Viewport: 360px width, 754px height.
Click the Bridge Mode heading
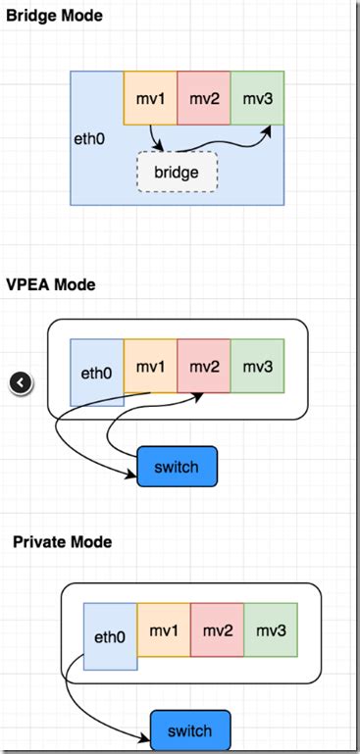pyautogui.click(x=54, y=17)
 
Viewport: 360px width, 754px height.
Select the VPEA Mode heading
pyautogui.click(x=51, y=285)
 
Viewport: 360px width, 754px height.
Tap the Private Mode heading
pyautogui.click(x=61, y=541)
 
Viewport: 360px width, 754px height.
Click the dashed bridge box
pyautogui.click(x=177, y=173)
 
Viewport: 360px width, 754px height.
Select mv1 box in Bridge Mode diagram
pyautogui.click(x=150, y=98)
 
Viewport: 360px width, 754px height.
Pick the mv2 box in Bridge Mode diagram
pyautogui.click(x=203, y=98)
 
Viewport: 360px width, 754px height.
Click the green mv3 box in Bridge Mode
pyautogui.click(x=257, y=98)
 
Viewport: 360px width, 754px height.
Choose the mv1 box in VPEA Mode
pyautogui.click(x=150, y=367)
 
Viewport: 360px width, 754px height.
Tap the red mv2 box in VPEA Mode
pyautogui.click(x=203, y=367)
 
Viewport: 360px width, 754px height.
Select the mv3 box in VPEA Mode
pyautogui.click(x=257, y=367)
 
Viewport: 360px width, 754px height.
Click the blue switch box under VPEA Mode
pyautogui.click(x=177, y=467)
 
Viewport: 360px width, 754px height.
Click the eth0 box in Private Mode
pyautogui.click(x=110, y=636)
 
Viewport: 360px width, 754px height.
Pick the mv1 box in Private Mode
pyautogui.click(x=163, y=629)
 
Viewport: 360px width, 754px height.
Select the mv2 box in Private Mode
pyautogui.click(x=217, y=629)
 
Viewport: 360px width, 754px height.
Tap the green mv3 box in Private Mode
pyautogui.click(x=270, y=629)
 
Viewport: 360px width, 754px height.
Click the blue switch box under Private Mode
pyautogui.click(x=189, y=731)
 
